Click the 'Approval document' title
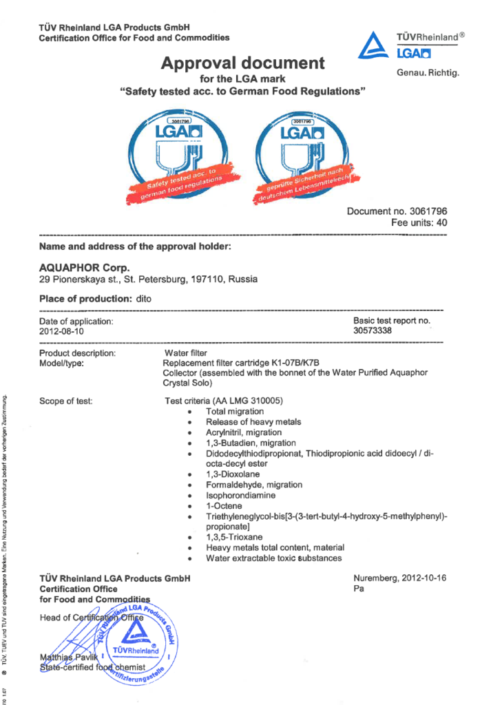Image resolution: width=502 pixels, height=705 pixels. click(x=242, y=63)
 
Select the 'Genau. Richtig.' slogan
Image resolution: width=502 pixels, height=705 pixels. click(x=427, y=72)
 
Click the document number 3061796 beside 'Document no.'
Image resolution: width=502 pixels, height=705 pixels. click(x=425, y=211)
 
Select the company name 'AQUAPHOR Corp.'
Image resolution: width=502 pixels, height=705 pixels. click(x=85, y=267)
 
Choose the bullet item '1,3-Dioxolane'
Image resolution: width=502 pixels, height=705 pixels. click(x=233, y=474)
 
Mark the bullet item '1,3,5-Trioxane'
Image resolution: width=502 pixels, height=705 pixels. click(x=235, y=536)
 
